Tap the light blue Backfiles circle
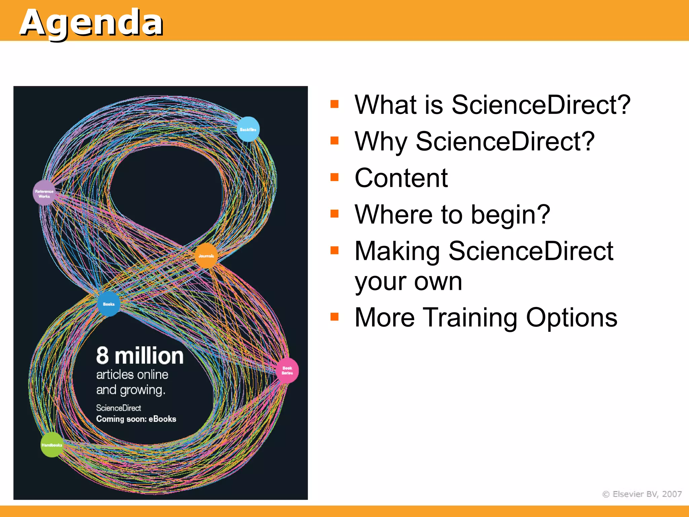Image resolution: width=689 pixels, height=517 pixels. coord(248,129)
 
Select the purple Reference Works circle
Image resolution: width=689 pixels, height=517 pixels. coord(44,193)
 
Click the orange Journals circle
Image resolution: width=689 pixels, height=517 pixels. coord(206,256)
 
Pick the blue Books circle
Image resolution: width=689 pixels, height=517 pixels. coord(109,304)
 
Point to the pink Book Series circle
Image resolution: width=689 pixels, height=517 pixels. coord(287,371)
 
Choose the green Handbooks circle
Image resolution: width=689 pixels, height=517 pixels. coord(51,445)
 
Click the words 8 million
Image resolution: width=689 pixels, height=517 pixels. coord(140,356)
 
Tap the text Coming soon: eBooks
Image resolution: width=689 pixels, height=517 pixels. coord(136,419)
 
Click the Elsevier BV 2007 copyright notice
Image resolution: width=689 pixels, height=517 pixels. coord(642,494)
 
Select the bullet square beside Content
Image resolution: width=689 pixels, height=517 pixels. coord(334,177)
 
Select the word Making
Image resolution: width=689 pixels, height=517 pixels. coord(397,251)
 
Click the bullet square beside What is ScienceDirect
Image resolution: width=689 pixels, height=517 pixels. coord(334,104)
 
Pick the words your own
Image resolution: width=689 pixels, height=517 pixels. coord(408,281)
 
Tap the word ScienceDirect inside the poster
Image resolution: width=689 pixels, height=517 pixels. coord(118,408)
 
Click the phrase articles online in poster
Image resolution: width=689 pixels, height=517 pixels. coord(132,375)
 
